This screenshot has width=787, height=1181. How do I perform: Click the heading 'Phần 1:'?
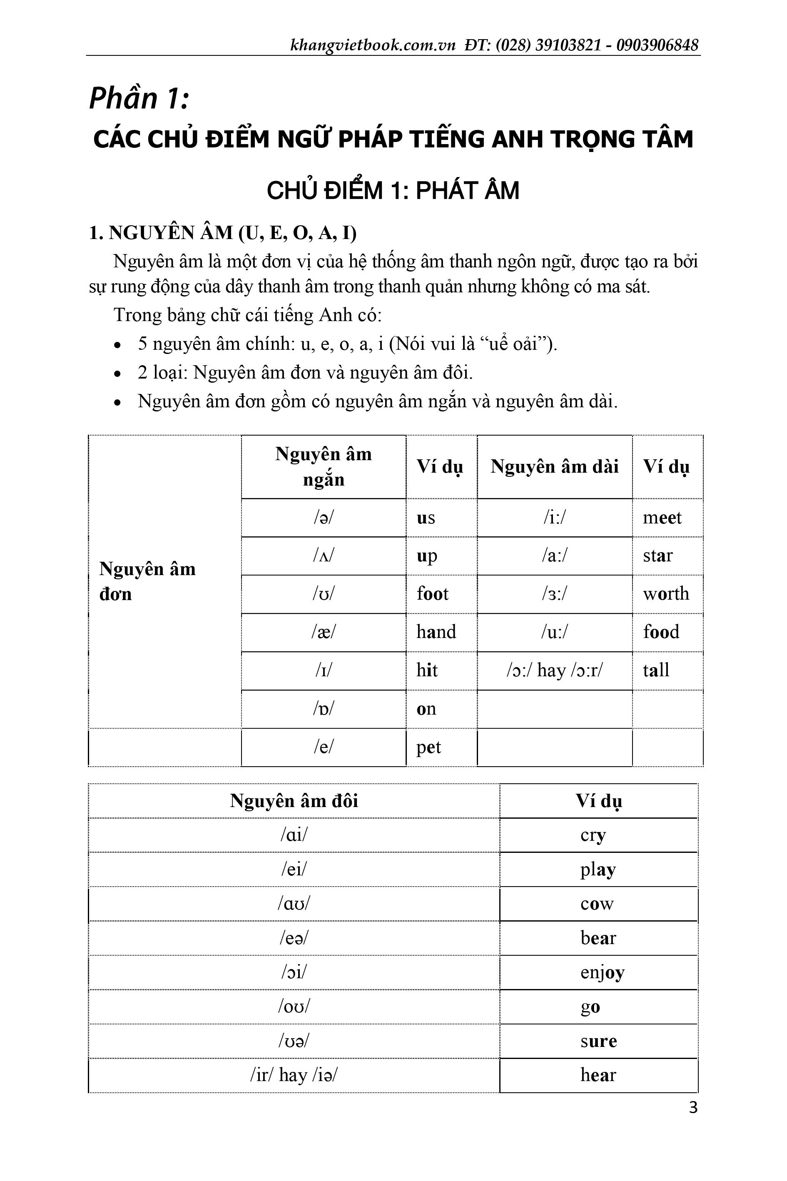point(139,98)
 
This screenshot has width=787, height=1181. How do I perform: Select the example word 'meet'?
point(662,518)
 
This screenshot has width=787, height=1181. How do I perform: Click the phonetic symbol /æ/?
point(323,632)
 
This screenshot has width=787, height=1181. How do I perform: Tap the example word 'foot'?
point(432,594)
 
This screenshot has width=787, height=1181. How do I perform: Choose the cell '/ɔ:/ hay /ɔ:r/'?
point(554,670)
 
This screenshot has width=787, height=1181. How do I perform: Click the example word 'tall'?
point(656,670)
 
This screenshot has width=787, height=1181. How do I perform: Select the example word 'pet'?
point(428,747)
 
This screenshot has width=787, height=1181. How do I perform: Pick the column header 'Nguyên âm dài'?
point(554,467)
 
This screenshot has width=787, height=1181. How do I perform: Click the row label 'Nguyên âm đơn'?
point(147,581)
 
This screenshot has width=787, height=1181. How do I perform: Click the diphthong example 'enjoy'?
point(602,972)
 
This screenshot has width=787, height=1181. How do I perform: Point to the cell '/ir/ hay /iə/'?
point(294,1075)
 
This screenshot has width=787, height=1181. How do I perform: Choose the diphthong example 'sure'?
point(598,1041)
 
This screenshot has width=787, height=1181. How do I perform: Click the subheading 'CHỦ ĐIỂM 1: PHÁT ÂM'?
point(393,191)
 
